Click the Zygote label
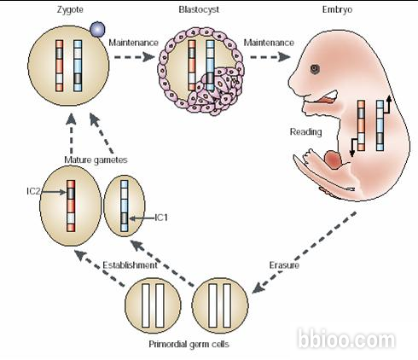70,10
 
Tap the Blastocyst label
199,9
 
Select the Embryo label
337,10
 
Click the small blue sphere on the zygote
97,29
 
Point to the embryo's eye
315,69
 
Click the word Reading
306,132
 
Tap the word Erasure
284,265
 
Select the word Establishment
130,265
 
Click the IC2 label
33,191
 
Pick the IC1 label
161,218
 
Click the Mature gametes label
96,160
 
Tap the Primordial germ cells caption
189,344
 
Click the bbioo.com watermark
346,339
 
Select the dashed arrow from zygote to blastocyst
134,57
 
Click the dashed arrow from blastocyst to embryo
270,57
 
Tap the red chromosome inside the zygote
59,66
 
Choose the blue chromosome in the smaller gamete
125,206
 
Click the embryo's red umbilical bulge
334,160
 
